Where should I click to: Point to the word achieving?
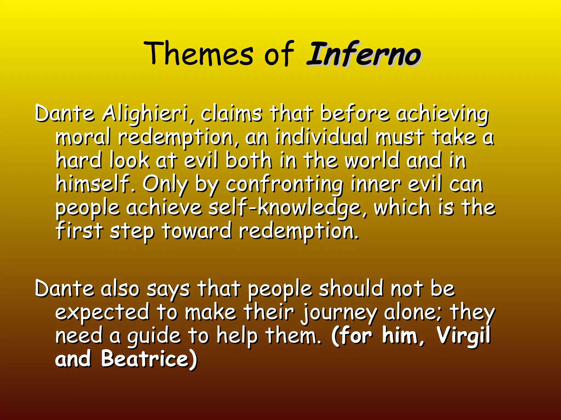[x=442, y=114]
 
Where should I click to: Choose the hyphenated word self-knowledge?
[x=285, y=208]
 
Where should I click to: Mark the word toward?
[x=197, y=231]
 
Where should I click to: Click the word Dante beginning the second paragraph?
[x=65, y=289]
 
